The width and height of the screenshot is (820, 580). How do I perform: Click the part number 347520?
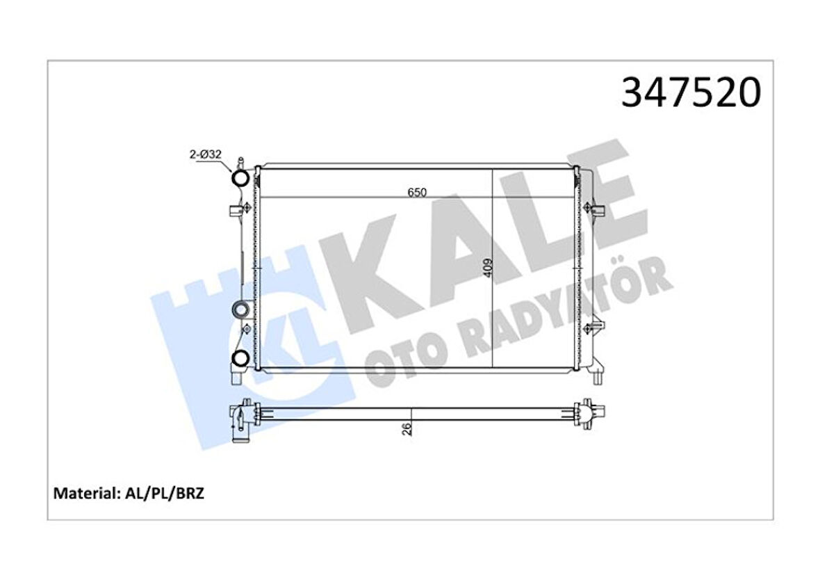pyautogui.click(x=691, y=93)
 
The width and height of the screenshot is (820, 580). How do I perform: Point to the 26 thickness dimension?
pyautogui.click(x=409, y=429)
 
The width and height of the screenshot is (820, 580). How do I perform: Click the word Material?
pyautogui.click(x=83, y=494)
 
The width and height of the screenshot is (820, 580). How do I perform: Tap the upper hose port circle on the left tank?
pyautogui.click(x=240, y=179)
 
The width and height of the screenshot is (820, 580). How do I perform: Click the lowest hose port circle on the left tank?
pyautogui.click(x=240, y=359)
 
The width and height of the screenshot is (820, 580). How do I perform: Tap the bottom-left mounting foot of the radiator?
pyautogui.click(x=236, y=376)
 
